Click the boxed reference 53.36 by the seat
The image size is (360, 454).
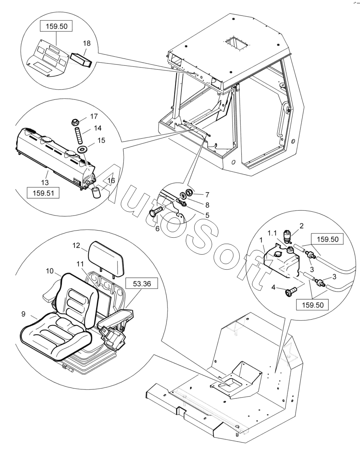click(141, 284)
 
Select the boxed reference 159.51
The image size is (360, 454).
click(43, 193)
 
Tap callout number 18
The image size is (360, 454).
click(86, 43)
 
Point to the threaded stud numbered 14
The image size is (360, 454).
click(79, 135)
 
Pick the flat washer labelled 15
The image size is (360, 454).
click(82, 149)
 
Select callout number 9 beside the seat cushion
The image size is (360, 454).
click(23, 314)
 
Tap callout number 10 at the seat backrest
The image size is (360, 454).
click(50, 271)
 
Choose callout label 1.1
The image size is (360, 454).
click(274, 233)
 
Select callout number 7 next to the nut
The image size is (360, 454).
click(207, 195)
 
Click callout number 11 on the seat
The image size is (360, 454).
click(80, 264)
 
